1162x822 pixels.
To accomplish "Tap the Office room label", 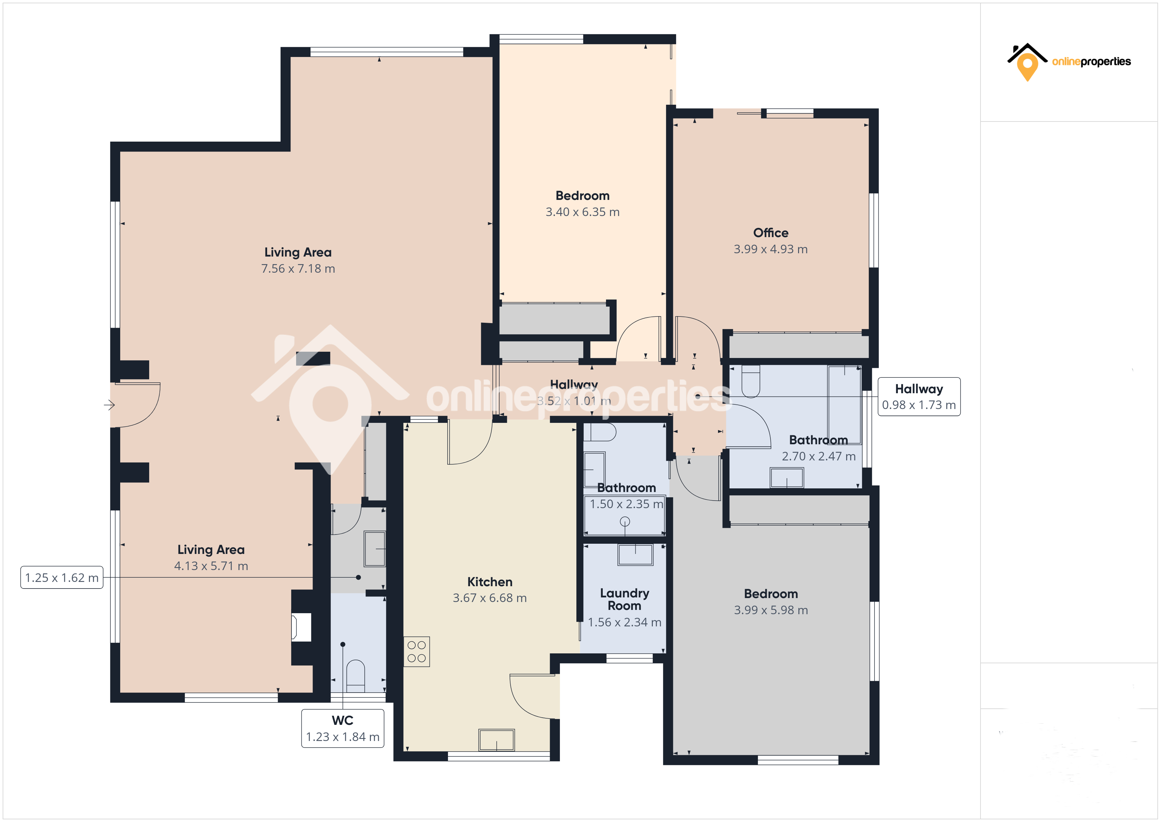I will [x=770, y=233].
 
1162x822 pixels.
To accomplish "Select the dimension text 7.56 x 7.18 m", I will [x=298, y=269].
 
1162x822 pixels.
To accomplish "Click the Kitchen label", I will [x=489, y=582].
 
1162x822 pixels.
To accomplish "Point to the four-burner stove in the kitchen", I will [x=417, y=651].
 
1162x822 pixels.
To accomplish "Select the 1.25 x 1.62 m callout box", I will [x=62, y=578].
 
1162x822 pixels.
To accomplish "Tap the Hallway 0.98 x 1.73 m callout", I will [x=919, y=397].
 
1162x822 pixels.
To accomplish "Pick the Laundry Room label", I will [x=624, y=599].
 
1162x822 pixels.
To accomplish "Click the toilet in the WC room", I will [x=355, y=676].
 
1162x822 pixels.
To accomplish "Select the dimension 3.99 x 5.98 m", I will [x=770, y=610].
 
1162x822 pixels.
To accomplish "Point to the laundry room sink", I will [x=635, y=554].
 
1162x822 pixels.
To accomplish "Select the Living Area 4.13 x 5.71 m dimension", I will [x=211, y=566].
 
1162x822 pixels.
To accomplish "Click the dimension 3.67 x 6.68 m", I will [x=489, y=598].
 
